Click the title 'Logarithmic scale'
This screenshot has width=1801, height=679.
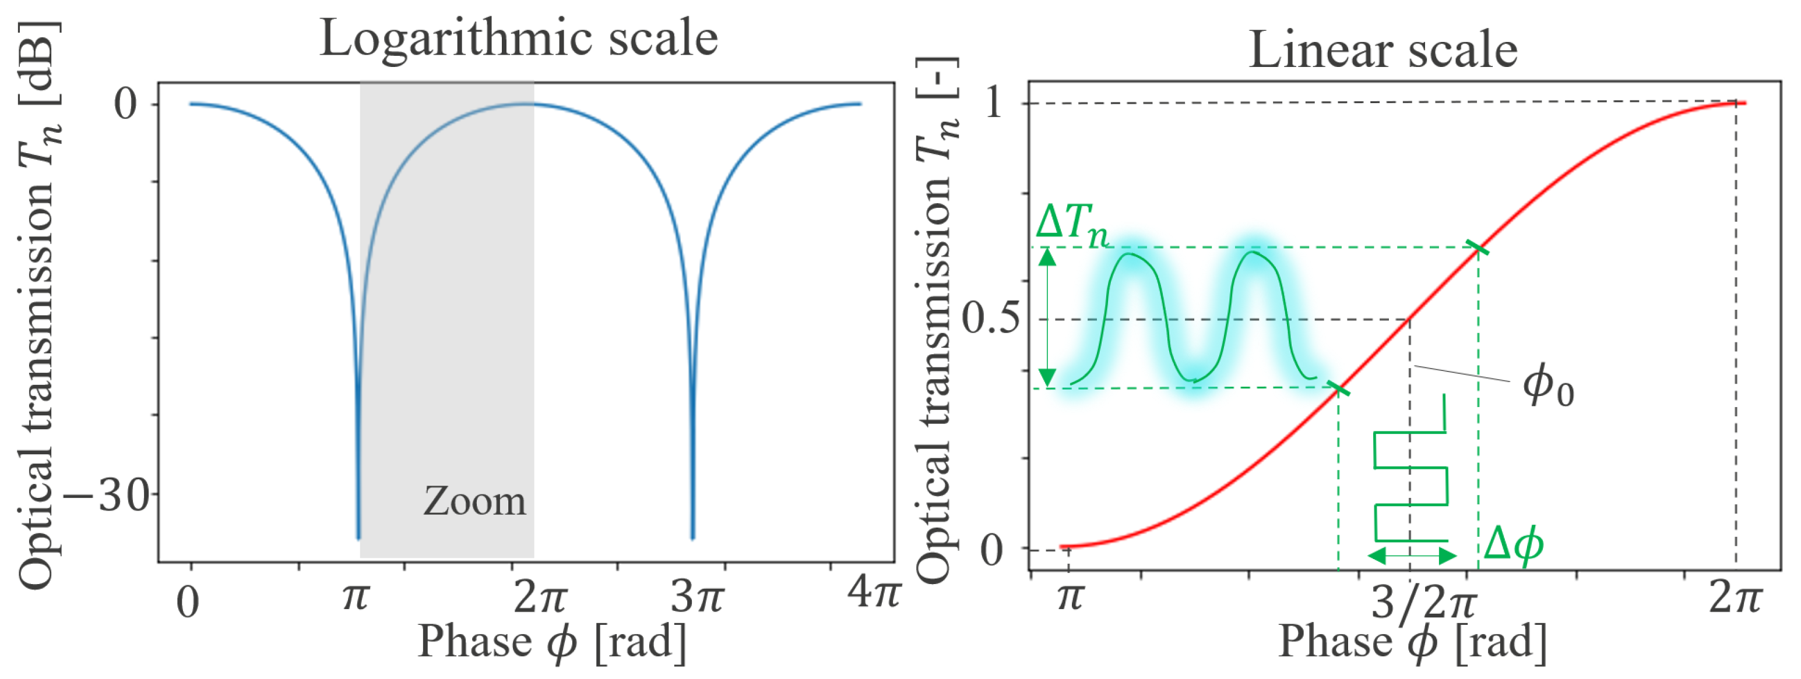(518, 39)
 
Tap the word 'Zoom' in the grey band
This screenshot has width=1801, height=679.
(474, 501)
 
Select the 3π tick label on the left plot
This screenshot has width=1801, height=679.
(697, 598)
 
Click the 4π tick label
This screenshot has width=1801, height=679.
(873, 592)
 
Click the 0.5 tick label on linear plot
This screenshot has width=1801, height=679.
(991, 319)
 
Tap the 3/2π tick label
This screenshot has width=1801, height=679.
(1423, 602)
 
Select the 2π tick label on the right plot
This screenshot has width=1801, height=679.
(1735, 598)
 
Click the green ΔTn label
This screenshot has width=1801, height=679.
(1072, 225)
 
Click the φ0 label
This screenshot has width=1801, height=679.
(1548, 386)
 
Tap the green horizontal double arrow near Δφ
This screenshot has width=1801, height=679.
(1412, 556)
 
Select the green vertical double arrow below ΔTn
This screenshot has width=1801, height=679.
(1047, 318)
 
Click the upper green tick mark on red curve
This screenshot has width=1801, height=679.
(1478, 247)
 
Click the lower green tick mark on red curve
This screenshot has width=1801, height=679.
(1339, 388)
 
